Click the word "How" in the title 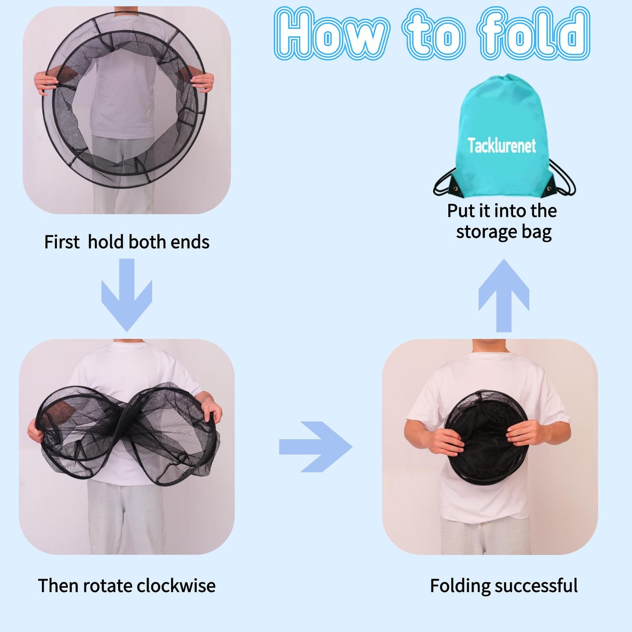[x=331, y=34]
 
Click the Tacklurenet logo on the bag [x=501, y=145]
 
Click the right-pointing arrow [x=315, y=447]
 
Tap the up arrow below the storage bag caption [x=504, y=295]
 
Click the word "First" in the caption [x=62, y=242]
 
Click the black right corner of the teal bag [x=550, y=189]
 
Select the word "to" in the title [x=433, y=34]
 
